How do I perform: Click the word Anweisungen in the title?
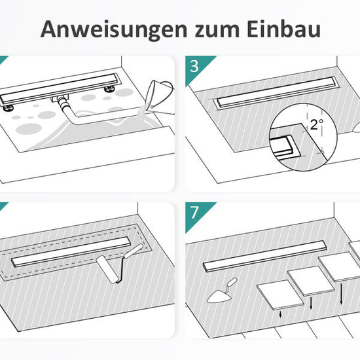tap(114, 30)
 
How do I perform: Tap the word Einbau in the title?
tap(284, 29)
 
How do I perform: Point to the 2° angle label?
tap(317, 124)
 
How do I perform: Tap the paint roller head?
tap(107, 270)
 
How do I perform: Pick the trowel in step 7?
tap(221, 291)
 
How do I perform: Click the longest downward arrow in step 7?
tap(342, 294)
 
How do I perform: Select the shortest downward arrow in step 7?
tap(280, 314)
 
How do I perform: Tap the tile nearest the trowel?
tap(280, 295)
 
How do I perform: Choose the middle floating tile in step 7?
tap(311, 281)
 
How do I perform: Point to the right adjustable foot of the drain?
tap(109, 89)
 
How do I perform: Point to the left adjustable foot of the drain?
tap(8, 108)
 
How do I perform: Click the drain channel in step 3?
tap(276, 92)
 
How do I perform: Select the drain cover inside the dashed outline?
tap(71, 251)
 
